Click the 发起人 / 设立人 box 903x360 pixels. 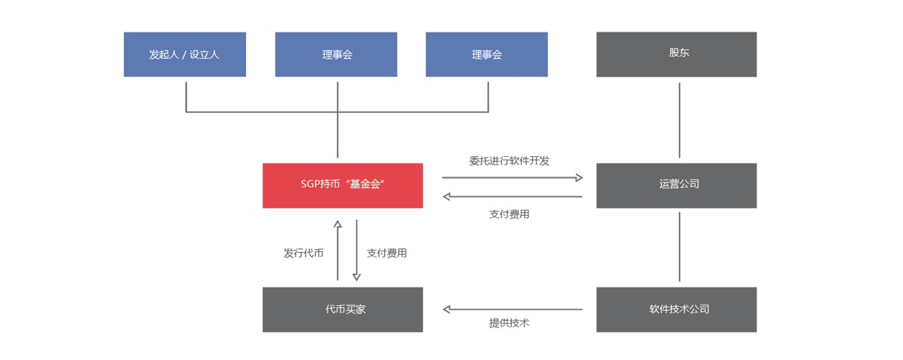click(185, 54)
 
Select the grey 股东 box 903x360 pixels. click(676, 54)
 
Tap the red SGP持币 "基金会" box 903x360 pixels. click(343, 186)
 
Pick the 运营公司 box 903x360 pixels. click(676, 186)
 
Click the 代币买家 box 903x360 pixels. click(343, 309)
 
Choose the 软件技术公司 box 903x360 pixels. click(676, 309)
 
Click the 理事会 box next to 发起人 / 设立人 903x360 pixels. click(336, 54)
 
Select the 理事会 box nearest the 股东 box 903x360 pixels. click(487, 54)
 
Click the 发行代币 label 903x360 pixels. click(303, 253)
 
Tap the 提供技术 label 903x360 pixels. click(509, 323)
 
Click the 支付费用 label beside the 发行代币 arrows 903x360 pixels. click(387, 253)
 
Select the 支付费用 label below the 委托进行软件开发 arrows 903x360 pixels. click(509, 214)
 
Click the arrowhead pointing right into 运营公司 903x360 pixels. click(579, 178)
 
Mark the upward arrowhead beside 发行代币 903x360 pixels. click(337, 223)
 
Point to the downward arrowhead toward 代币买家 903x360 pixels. click(356, 277)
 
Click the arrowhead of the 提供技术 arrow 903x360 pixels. click(447, 309)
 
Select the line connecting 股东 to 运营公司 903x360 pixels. click(680, 121)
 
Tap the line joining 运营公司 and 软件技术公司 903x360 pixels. click(680, 247)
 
